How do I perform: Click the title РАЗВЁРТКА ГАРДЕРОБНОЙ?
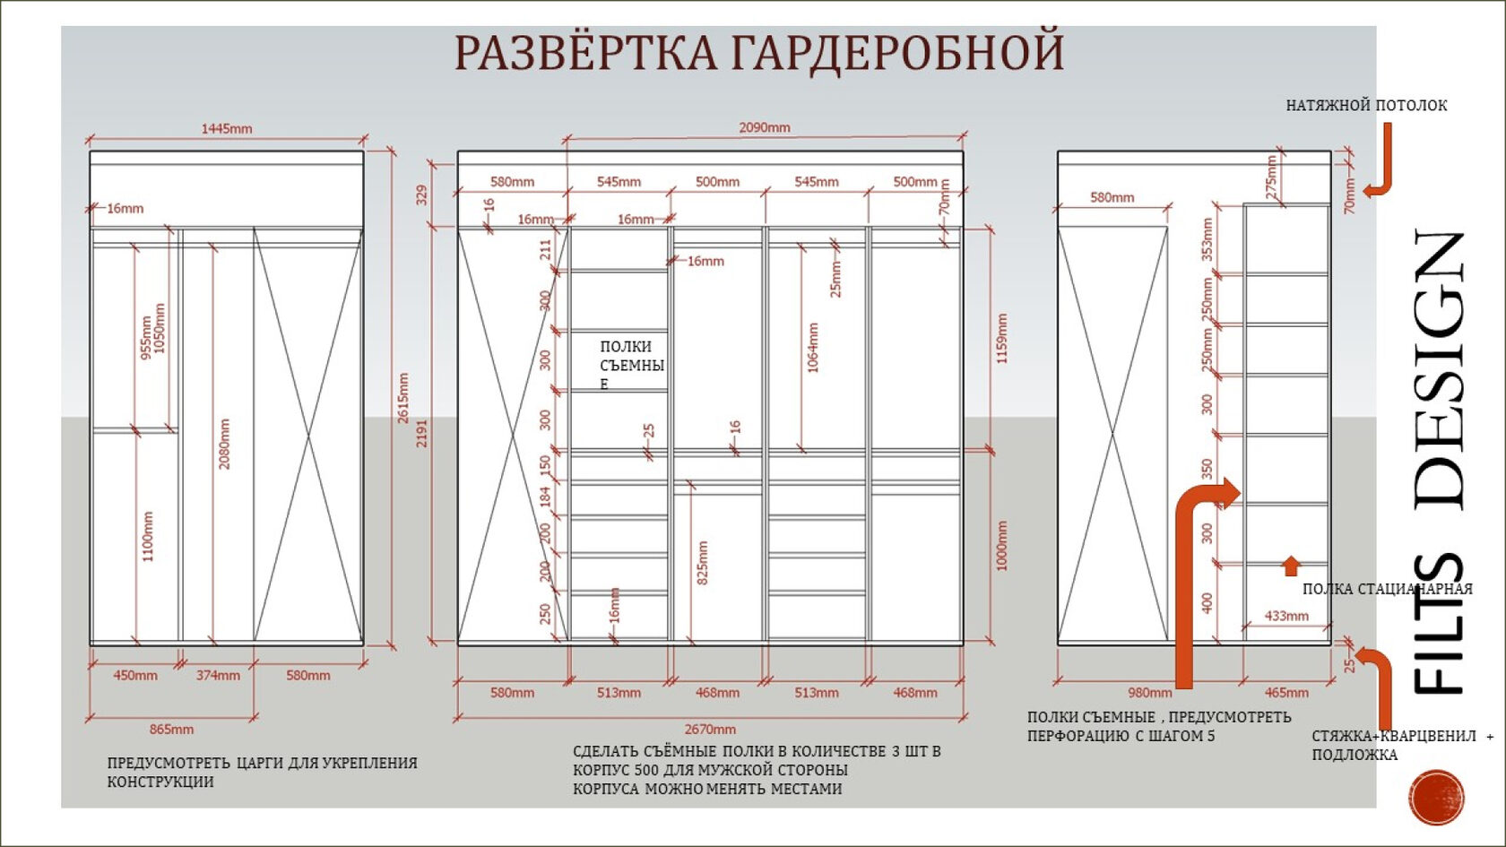pos(758,52)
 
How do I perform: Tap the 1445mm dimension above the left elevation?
pos(226,128)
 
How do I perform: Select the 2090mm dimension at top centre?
pos(764,127)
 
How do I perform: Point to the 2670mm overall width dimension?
pos(710,730)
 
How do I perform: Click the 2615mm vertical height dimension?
pos(403,398)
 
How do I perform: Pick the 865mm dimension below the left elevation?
pos(171,730)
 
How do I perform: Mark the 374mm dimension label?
pos(218,675)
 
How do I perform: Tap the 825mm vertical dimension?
pos(703,563)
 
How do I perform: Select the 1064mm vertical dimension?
pos(813,348)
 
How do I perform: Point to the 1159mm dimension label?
pos(1002,338)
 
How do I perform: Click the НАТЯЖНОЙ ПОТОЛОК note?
pos(1366,106)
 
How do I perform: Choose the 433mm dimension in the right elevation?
pos(1286,616)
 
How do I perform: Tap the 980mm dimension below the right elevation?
pos(1149,693)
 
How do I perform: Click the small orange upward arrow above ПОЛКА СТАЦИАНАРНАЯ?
pos(1291,565)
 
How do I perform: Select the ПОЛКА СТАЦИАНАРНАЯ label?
pos(1387,589)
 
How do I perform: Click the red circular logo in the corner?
pos(1436,796)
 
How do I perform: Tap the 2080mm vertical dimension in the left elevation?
pos(224,444)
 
